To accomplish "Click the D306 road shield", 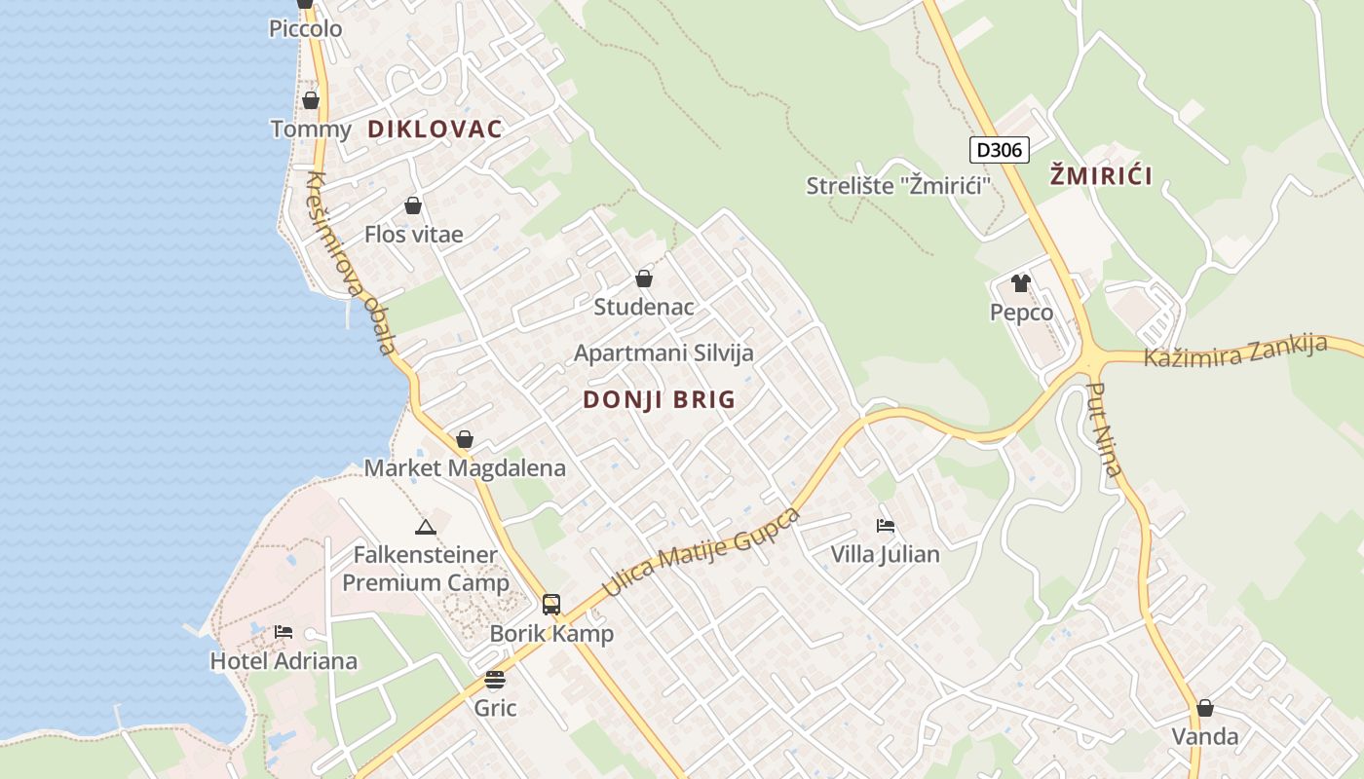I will click(999, 150).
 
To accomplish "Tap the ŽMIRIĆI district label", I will click(1101, 176).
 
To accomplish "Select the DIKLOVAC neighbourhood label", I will click(435, 129).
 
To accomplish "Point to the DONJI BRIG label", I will click(660, 399).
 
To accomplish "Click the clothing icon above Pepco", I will click(1020, 283).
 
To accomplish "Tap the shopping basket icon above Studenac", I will click(644, 278).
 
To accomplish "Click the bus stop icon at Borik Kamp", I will click(551, 604).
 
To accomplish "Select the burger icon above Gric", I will click(495, 679).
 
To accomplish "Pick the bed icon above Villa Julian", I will click(885, 526).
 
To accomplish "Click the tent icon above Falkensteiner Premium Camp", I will click(425, 527).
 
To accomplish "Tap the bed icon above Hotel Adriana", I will click(284, 632).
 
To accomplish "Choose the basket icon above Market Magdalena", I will click(465, 439).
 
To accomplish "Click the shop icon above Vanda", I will click(1205, 708).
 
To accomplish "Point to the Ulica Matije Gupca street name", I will click(701, 552).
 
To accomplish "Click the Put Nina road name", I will click(1105, 429).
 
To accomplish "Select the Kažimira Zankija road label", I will click(1235, 351).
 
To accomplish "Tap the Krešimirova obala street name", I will click(352, 263).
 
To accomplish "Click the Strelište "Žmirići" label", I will click(891, 185).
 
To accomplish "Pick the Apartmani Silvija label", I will click(663, 352).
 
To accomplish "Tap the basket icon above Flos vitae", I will click(413, 205).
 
